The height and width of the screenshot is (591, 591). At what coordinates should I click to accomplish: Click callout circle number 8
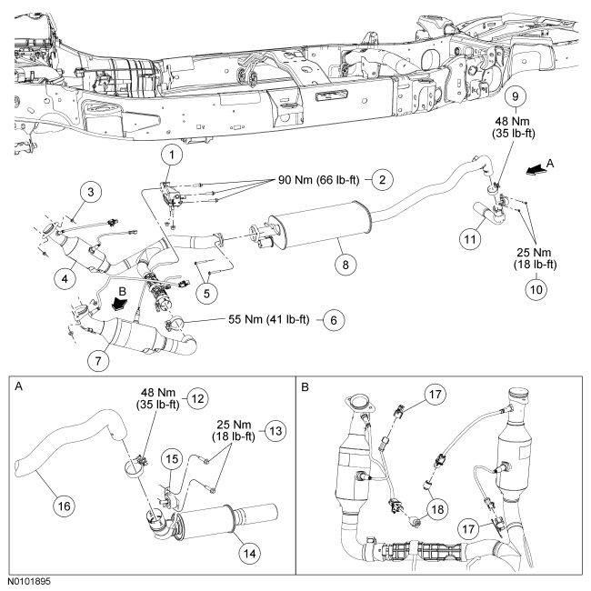coord(346,265)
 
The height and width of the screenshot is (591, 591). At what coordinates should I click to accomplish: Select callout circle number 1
coord(172,155)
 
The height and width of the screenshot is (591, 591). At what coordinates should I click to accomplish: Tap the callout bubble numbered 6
coord(334,320)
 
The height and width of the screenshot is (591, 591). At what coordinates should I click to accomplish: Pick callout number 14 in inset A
coord(249,554)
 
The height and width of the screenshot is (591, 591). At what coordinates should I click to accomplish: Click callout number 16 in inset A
coord(64,506)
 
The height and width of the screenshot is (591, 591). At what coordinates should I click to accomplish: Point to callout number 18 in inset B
coord(437,509)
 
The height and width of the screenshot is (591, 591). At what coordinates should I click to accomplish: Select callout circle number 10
coord(536,289)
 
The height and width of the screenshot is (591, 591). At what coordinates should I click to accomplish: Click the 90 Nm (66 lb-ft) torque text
coord(319,180)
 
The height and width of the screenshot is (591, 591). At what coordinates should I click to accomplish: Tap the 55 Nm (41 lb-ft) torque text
coord(269,320)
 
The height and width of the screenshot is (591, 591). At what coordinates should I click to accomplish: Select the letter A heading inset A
coord(18,386)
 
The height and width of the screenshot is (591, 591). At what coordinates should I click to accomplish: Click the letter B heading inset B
coord(306,387)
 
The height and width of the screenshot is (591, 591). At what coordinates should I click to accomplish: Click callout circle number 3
coord(90,192)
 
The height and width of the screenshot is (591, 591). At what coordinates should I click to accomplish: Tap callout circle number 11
coord(470,238)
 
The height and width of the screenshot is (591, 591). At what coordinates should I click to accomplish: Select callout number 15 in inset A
coord(172,458)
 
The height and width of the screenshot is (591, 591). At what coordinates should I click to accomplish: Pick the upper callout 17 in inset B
coord(435,395)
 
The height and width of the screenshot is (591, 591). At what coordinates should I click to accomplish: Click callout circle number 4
coord(65,279)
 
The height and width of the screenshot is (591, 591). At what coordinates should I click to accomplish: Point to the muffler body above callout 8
coord(320,224)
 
